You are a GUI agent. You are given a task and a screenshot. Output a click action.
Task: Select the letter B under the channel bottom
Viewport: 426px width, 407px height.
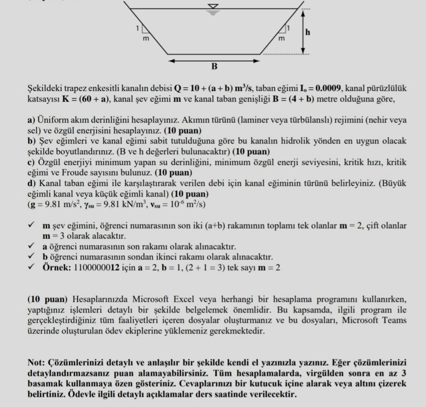tap(214, 66)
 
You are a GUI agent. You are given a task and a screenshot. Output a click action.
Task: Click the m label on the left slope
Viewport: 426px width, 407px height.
tap(145, 38)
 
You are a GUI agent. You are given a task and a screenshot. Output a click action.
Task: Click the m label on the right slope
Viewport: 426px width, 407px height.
tap(282, 38)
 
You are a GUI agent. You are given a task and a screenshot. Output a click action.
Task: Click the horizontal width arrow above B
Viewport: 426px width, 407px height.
tap(214, 60)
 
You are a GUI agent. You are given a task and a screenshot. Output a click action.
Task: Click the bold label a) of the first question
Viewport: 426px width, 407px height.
tap(31, 120)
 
